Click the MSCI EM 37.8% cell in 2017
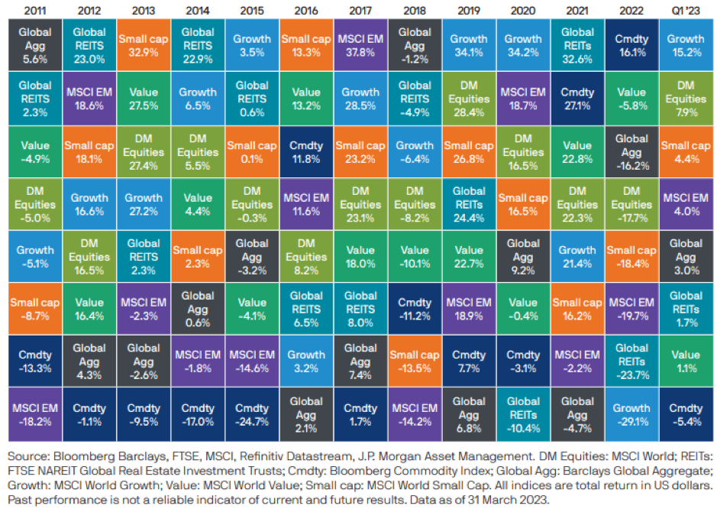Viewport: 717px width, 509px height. [x=359, y=46]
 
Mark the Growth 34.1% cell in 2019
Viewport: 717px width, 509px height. [x=468, y=46]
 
